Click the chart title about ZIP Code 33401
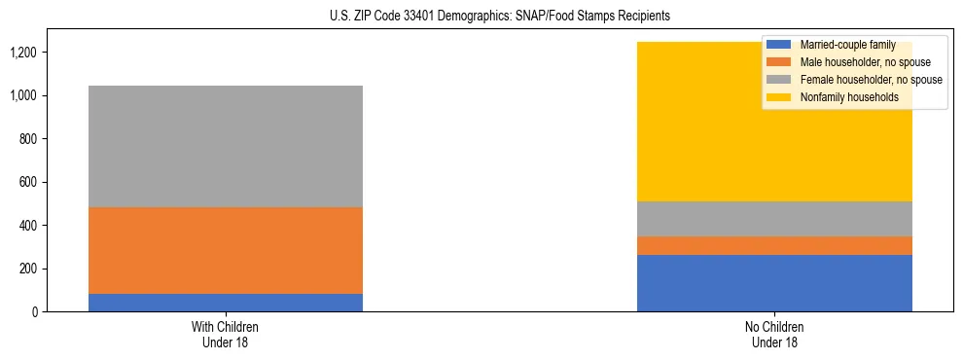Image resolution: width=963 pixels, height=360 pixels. (481, 17)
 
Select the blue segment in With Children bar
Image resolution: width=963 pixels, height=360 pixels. (225, 303)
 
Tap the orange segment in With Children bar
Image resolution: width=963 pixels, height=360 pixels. (225, 250)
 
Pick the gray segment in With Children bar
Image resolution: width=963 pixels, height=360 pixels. (225, 146)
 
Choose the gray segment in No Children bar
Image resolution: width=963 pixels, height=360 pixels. (774, 219)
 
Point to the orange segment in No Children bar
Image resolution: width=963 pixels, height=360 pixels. (774, 245)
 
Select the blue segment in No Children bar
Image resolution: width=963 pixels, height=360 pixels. (774, 283)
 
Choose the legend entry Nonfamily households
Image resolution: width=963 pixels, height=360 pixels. (842, 97)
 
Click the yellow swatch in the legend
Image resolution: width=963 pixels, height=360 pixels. (779, 97)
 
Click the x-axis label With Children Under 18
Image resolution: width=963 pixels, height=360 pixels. (225, 335)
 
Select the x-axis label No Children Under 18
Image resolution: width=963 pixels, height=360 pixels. (774, 335)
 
